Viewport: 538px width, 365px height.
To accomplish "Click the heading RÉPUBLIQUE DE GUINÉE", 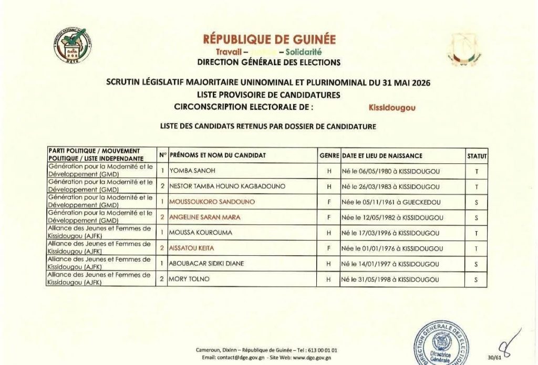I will tap(269, 39).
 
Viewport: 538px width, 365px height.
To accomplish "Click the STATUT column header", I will tap(477, 156).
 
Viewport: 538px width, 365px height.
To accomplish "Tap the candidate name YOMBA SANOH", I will tap(192, 171).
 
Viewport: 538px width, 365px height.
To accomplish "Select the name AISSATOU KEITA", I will tap(191, 248).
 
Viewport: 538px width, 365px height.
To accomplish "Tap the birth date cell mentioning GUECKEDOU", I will tap(391, 202).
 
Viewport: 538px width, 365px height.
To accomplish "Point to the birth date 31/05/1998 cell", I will tap(391, 279).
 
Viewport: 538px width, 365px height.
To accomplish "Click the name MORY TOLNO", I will tap(189, 279).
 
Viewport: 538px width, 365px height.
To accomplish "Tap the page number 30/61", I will tap(494, 358).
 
